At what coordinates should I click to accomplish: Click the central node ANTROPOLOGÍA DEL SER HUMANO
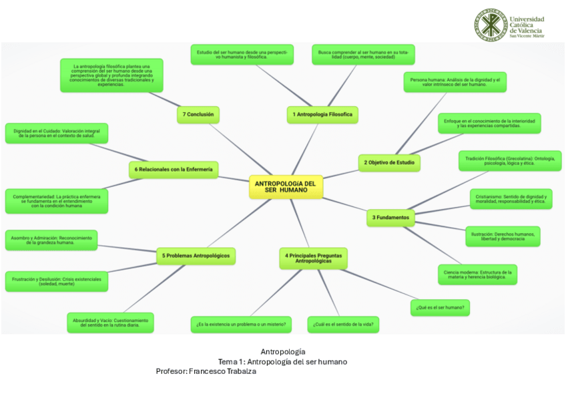click(x=285, y=186)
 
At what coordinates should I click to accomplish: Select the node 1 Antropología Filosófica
click(x=322, y=115)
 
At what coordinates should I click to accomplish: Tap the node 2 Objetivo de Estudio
click(x=389, y=162)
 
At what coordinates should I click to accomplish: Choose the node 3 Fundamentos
click(x=390, y=217)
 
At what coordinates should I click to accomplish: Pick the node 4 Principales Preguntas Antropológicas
click(x=313, y=258)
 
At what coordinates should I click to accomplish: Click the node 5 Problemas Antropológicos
click(x=197, y=255)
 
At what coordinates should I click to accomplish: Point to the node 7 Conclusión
click(x=198, y=114)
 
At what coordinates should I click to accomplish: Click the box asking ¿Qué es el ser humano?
click(x=440, y=307)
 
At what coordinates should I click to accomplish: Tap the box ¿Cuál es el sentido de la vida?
click(x=343, y=325)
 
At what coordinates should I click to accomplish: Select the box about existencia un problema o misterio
click(x=241, y=325)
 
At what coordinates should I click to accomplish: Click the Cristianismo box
click(x=511, y=199)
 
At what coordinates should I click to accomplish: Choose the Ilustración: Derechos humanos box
click(x=502, y=236)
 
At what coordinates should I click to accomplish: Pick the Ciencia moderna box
click(x=477, y=274)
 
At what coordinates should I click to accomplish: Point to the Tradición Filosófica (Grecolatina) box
click(x=509, y=161)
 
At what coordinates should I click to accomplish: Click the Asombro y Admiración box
click(x=51, y=240)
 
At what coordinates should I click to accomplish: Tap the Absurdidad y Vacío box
click(x=110, y=323)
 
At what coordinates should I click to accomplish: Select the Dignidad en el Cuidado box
click(x=56, y=133)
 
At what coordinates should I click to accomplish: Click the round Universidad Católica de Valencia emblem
click(x=491, y=25)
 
